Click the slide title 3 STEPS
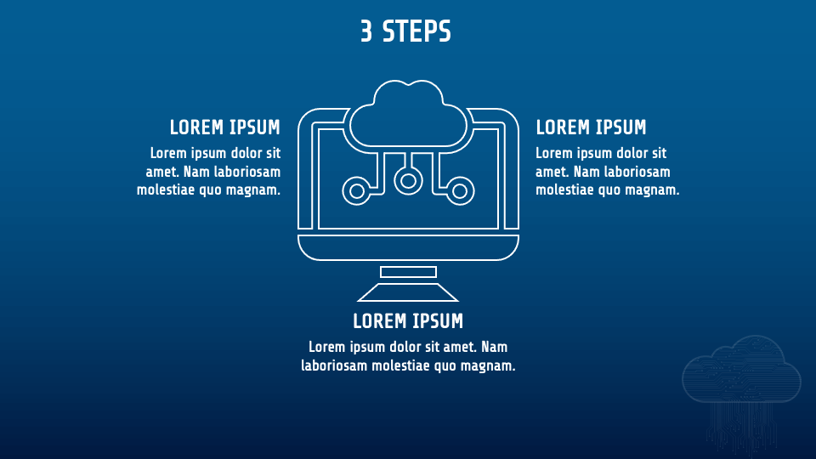pos(405,31)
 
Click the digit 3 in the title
pos(366,31)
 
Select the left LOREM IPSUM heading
pos(224,127)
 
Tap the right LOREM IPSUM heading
pos(591,127)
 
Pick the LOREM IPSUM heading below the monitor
pos(408,321)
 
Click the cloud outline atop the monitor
pos(409,116)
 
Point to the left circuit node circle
pos(356,190)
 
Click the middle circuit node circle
pos(408,179)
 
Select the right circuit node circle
pos(460,190)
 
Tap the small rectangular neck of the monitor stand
pos(408,272)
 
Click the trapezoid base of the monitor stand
pos(408,293)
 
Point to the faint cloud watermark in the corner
pos(741,374)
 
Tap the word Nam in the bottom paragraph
pos(494,347)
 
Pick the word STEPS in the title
pos(416,31)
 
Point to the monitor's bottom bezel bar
pos(408,247)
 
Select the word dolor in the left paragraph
pos(241,153)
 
